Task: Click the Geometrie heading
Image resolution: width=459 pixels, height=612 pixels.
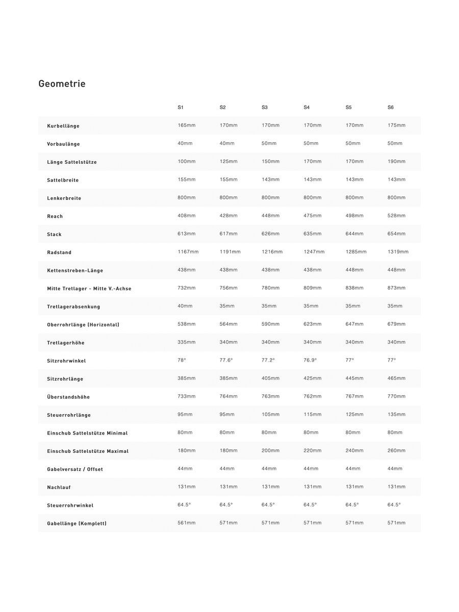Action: tap(62, 84)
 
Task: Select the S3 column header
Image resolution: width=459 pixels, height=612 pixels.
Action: tap(265, 108)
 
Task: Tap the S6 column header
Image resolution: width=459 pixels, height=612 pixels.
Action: tap(391, 108)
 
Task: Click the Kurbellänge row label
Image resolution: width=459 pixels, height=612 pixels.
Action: tap(63, 126)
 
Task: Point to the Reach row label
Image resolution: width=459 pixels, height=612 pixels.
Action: tap(55, 216)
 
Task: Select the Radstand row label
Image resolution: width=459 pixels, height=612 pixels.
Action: tap(59, 252)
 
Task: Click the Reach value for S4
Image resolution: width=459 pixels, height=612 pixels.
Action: tap(313, 216)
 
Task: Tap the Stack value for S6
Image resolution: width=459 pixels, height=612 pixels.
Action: tap(396, 234)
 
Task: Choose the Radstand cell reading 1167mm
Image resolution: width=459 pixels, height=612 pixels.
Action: tap(188, 252)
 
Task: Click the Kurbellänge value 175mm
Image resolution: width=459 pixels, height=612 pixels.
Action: tap(396, 125)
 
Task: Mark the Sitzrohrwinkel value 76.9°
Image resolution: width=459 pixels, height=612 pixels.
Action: tap(310, 360)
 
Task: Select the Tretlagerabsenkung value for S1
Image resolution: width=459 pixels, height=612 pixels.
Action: tap(185, 306)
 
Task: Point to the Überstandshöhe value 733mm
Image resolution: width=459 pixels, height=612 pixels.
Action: tap(187, 396)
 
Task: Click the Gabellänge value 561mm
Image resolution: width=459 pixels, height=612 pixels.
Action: tap(187, 523)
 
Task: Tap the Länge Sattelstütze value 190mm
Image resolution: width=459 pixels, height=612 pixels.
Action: tap(396, 162)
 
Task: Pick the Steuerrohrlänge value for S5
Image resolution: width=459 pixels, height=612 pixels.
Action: tap(354, 415)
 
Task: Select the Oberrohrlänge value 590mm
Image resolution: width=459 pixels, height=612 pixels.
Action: tap(270, 324)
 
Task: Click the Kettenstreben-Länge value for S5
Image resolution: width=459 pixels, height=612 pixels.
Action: tap(354, 270)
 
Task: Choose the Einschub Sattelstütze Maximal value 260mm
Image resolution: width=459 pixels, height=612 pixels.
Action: tap(396, 451)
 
